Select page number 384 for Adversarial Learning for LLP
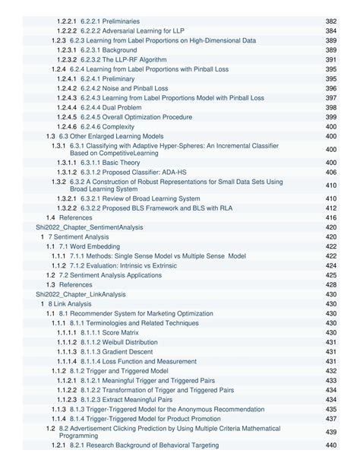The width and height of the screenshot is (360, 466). [x=331, y=31]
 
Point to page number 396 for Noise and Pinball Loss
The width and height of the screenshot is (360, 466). [x=331, y=88]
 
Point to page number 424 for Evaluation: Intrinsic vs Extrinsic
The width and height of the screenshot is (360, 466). [x=331, y=265]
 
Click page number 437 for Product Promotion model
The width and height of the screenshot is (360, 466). [x=331, y=419]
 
